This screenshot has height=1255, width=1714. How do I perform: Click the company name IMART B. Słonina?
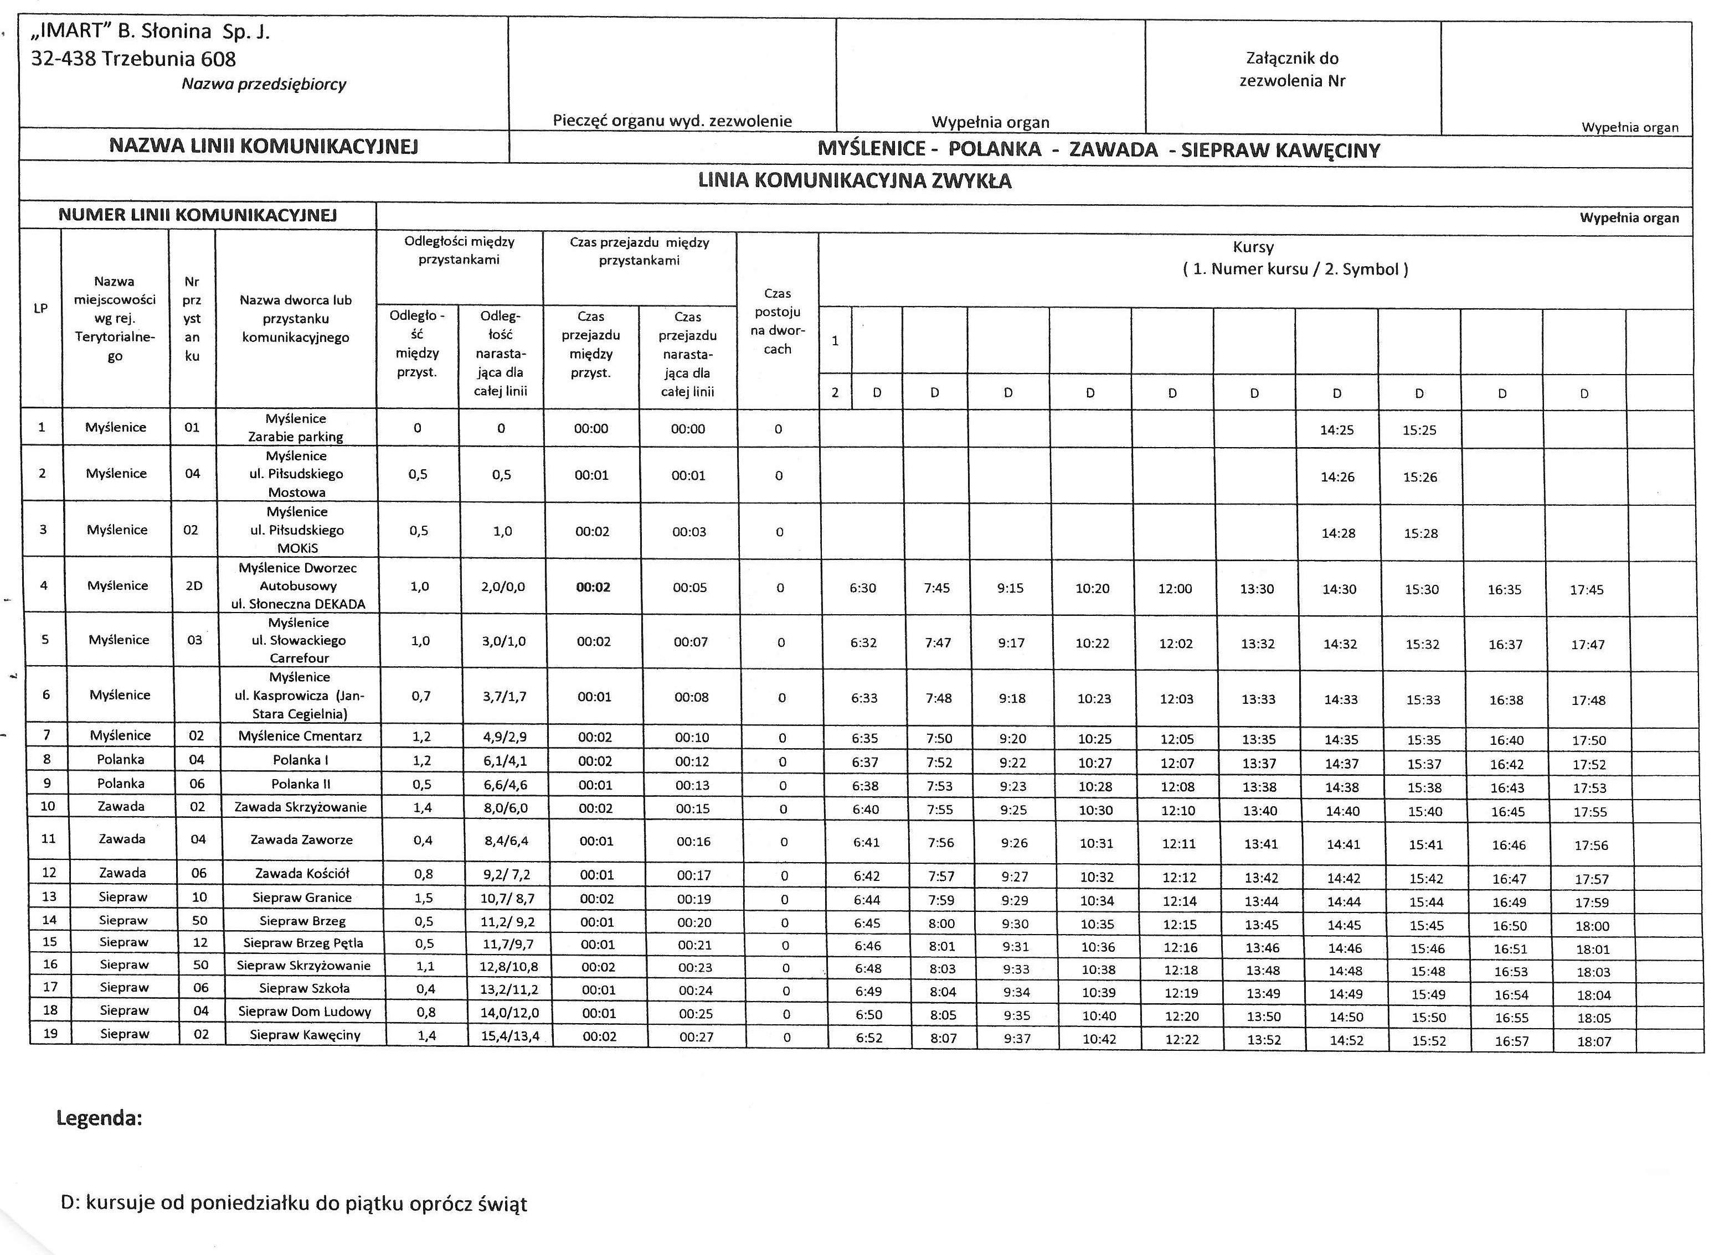point(150,32)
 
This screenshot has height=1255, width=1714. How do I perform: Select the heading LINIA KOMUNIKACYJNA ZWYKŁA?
point(855,181)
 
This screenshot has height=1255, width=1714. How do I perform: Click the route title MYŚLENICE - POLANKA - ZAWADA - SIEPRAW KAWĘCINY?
point(1098,149)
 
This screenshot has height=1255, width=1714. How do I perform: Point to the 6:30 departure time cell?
point(863,588)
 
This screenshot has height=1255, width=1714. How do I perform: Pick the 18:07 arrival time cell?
point(1594,1041)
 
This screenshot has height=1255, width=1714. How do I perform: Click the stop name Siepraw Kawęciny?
point(305,1035)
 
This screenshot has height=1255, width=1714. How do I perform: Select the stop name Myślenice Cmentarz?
point(300,735)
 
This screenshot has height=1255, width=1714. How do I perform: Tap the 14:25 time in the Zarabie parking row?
point(1336,430)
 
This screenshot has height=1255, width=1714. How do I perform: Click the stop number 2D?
point(194,585)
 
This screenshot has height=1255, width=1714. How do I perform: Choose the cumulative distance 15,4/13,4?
point(510,1035)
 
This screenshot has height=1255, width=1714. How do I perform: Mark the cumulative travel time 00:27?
point(696,1036)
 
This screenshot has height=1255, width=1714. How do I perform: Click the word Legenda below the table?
point(100,1118)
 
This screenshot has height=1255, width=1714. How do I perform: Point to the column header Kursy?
point(1253,247)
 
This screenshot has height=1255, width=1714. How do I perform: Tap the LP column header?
point(41,308)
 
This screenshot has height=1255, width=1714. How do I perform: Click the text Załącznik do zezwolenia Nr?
point(1292,69)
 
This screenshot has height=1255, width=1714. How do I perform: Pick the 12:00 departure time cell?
point(1175,589)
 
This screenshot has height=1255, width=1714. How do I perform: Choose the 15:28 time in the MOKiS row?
point(1420,533)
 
